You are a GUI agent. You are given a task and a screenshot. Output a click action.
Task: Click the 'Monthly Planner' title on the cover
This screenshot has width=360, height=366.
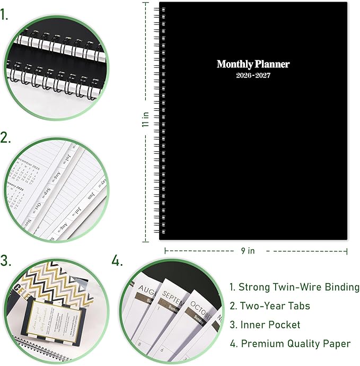pyautogui.click(x=253, y=64)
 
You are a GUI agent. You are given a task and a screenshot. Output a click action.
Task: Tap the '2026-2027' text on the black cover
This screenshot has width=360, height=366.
pyautogui.click(x=253, y=76)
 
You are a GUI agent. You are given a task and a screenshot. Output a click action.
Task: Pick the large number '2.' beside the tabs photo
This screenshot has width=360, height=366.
pyautogui.click(x=6, y=138)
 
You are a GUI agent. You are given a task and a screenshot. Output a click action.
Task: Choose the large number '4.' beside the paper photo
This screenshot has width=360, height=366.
pyautogui.click(x=118, y=261)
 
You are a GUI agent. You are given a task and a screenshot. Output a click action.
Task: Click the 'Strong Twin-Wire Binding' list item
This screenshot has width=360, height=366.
pyautogui.click(x=294, y=287)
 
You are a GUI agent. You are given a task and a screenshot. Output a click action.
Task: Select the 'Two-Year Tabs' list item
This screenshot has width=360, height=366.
pyautogui.click(x=269, y=306)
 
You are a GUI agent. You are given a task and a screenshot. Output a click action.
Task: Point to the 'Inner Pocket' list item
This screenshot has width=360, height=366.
pyautogui.click(x=265, y=325)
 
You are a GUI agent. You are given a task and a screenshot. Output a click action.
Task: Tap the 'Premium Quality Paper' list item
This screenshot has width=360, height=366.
pyautogui.click(x=289, y=344)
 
